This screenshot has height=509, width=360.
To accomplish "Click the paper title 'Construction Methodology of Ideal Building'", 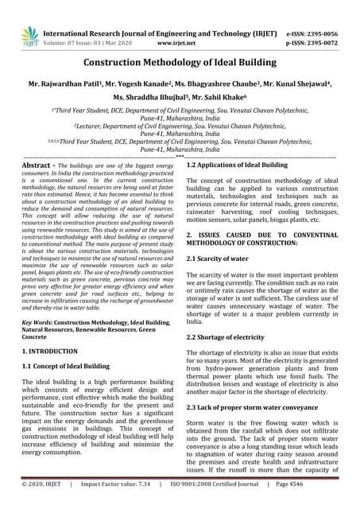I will pyautogui.click(x=180, y=61).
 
